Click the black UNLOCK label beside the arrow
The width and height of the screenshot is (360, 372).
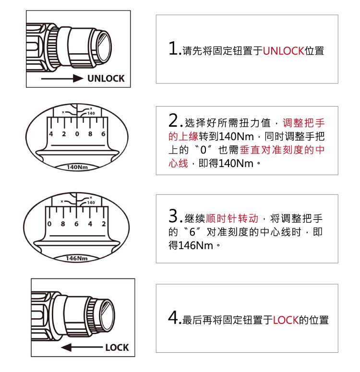(106, 78)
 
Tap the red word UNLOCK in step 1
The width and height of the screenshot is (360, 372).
(283, 50)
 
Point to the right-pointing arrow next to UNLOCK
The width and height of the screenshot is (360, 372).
(62, 79)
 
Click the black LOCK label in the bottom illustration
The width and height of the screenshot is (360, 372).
(117, 347)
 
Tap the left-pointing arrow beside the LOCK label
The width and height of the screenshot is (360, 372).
(82, 347)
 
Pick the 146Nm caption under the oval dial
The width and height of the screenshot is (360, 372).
(76, 258)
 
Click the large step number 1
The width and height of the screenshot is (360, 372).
(174, 49)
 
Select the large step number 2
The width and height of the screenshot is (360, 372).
(174, 120)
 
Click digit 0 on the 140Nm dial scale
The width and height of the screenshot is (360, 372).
(77, 134)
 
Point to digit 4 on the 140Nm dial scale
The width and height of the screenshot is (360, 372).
(51, 134)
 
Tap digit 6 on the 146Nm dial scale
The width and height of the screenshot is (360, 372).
(76, 224)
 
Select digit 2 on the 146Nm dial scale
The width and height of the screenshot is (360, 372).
(103, 224)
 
